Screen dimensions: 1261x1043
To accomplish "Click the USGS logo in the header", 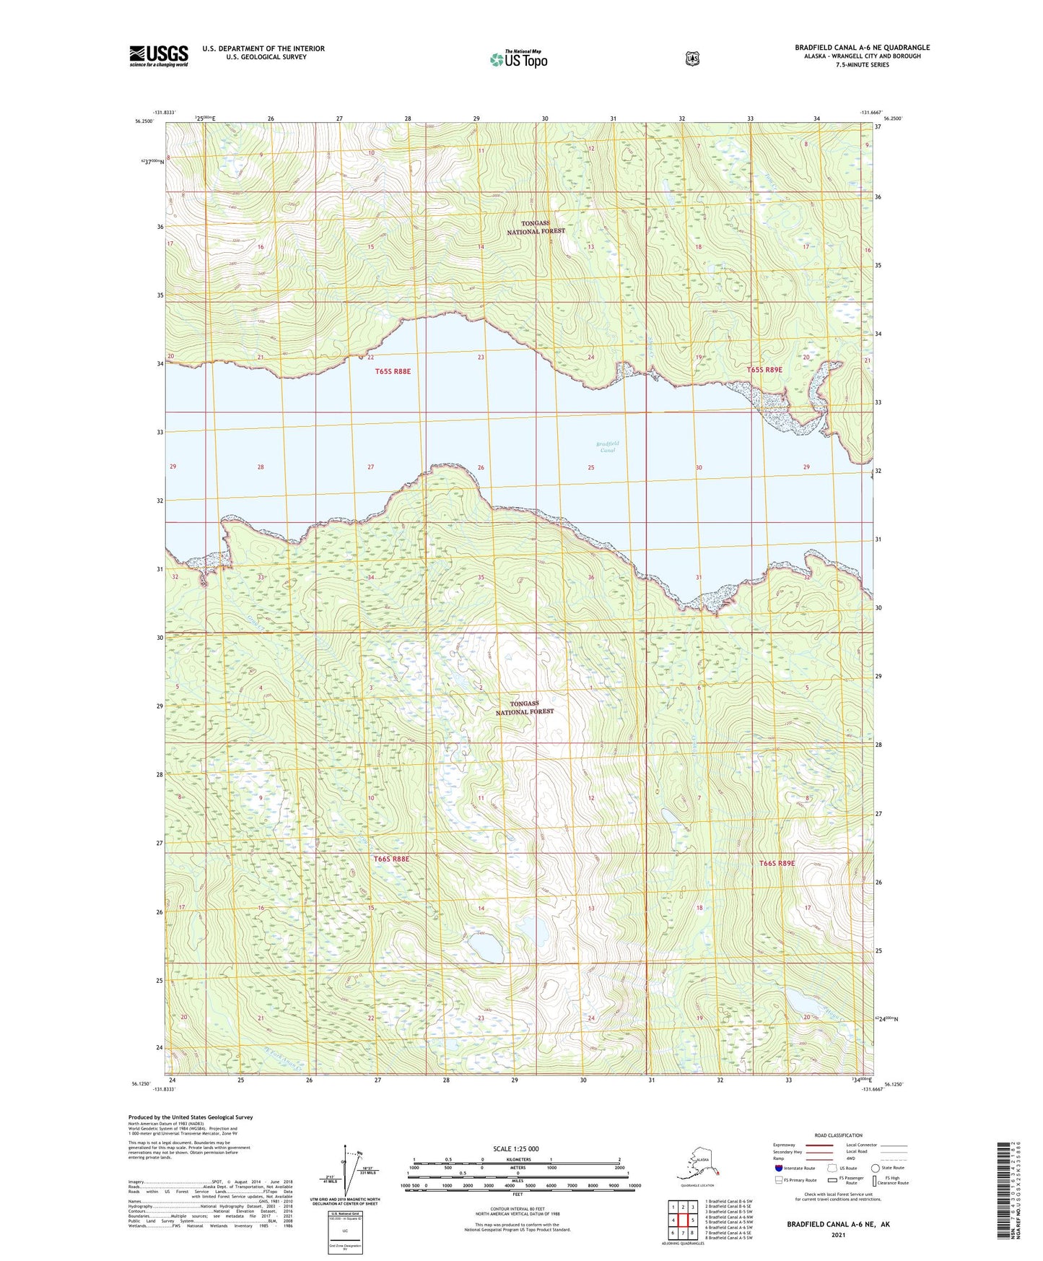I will [x=159, y=56].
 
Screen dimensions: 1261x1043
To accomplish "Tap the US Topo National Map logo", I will [x=518, y=59].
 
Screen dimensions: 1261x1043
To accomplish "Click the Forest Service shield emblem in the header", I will [x=692, y=58].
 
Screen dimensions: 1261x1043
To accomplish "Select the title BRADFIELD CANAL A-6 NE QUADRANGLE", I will [x=862, y=48].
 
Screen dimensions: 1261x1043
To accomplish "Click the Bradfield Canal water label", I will [x=607, y=446].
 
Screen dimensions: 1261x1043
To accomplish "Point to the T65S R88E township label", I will [x=393, y=371].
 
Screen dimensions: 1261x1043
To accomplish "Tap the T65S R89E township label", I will [x=764, y=370].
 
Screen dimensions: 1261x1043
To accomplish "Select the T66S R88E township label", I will [x=391, y=859].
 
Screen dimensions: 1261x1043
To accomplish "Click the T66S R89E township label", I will [x=777, y=863].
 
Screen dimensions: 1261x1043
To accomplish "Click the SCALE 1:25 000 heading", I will [x=515, y=1148].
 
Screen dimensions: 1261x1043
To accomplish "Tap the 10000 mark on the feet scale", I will [x=634, y=1185].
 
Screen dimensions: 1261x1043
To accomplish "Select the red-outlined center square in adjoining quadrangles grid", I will [x=682, y=1220].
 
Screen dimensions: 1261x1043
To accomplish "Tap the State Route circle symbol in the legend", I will [x=875, y=1168].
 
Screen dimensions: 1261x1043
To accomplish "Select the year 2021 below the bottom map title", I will [x=838, y=1234].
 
